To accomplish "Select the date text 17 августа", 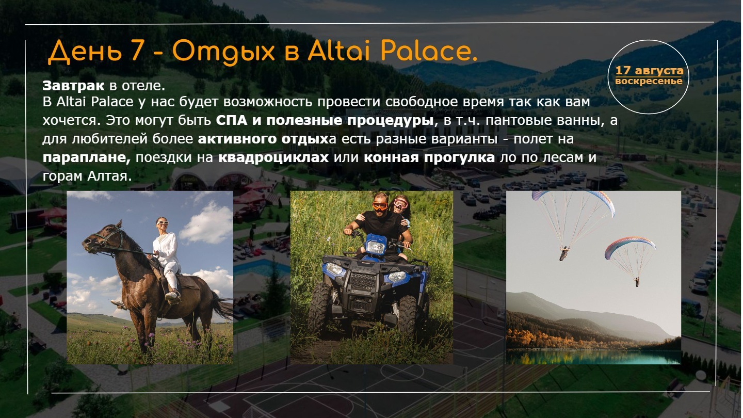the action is (649, 70).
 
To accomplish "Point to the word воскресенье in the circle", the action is (649, 81).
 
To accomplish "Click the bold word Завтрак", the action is (73, 86).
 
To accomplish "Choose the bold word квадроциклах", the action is (273, 157).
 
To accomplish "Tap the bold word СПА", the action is (232, 120).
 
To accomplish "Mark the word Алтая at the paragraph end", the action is (109, 176).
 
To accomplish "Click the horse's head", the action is (100, 238).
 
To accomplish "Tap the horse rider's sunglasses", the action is (163, 222).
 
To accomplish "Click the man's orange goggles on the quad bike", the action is (380, 205).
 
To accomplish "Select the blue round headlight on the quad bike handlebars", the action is (375, 247).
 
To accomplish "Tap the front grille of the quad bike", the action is (363, 281).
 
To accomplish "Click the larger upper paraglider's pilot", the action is (563, 253).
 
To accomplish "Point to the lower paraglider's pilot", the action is (637, 282).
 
